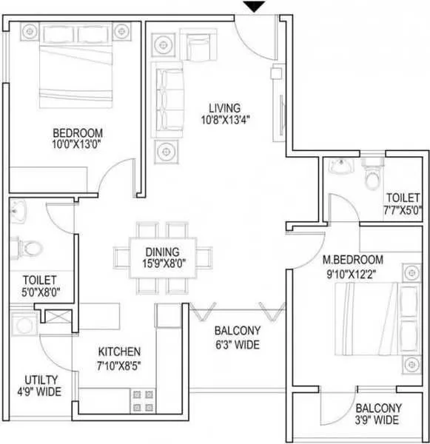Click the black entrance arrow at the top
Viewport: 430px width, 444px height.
coord(254,7)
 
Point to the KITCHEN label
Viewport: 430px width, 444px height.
coord(120,351)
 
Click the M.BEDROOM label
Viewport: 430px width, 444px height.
coord(353,260)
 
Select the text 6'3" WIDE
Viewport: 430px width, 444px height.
coord(236,345)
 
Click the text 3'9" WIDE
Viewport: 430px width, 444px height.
coord(377,420)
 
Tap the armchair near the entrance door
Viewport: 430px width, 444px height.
coord(198,47)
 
